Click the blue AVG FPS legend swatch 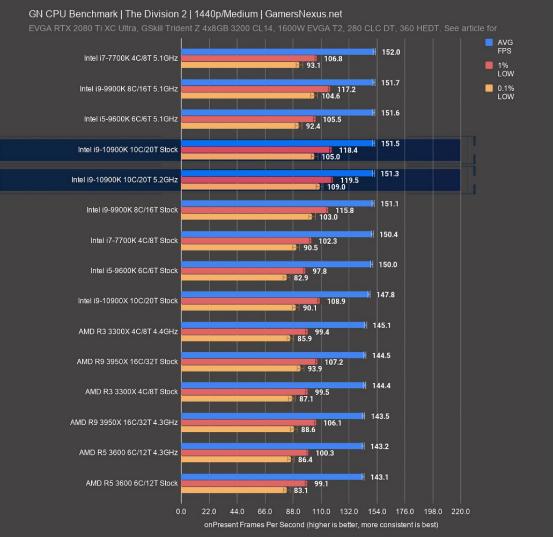point(489,42)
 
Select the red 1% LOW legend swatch point(489,65)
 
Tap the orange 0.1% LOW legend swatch point(489,88)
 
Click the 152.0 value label point(390,52)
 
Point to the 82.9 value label point(301,278)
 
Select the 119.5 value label point(349,180)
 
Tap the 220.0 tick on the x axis point(460,512)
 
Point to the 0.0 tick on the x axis point(181,512)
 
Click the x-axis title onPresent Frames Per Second point(321,524)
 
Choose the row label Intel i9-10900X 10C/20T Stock point(128,301)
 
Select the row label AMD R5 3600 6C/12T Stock point(131,483)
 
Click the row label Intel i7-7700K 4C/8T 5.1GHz point(130,58)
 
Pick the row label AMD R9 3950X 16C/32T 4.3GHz point(124,422)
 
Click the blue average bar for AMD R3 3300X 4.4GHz point(273,325)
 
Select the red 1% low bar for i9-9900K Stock point(254,210)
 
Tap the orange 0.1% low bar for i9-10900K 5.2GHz point(250,187)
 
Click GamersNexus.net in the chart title point(302,14)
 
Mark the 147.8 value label point(385,295)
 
